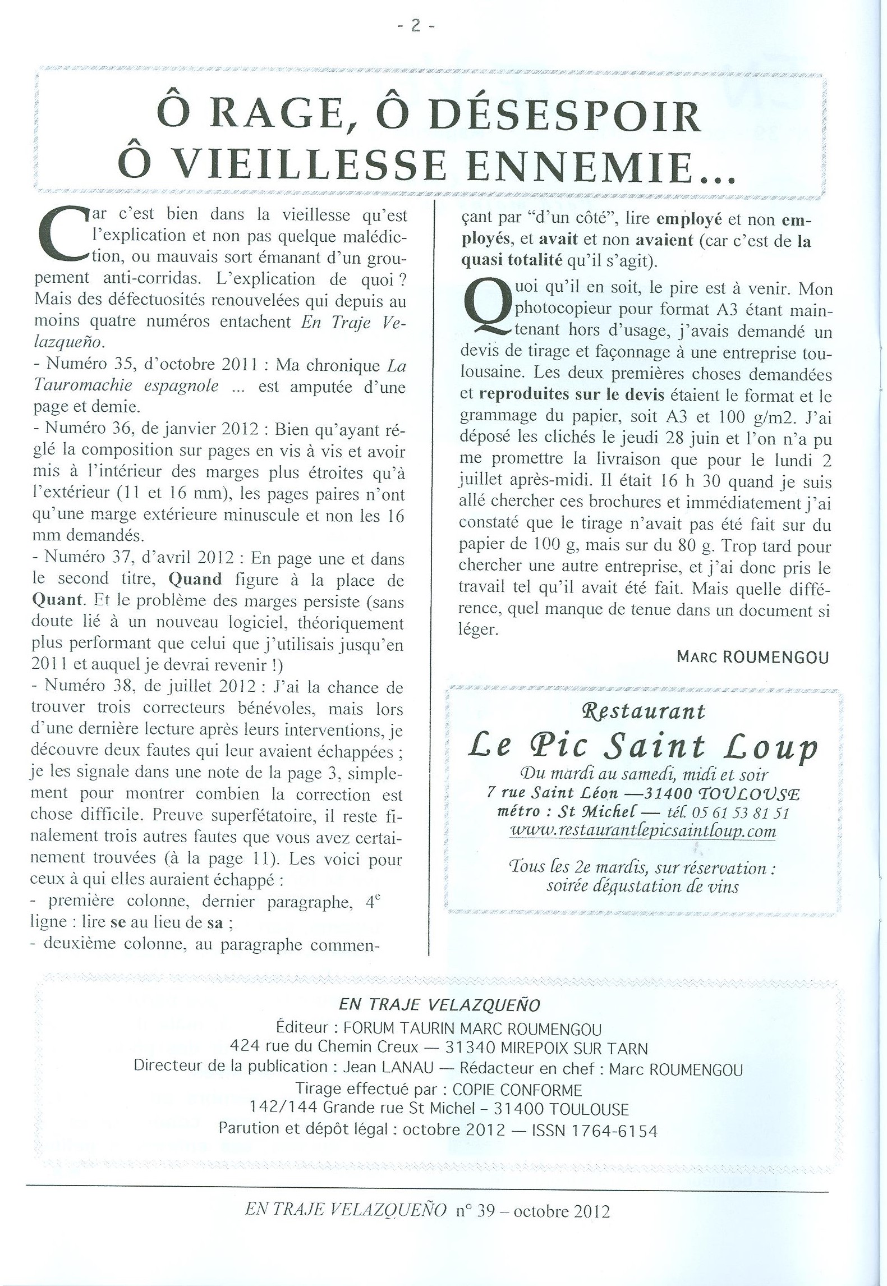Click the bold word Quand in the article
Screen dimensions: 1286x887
click(x=195, y=579)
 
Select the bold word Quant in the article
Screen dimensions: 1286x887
click(x=56, y=600)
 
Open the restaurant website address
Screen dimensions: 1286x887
click(x=643, y=831)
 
